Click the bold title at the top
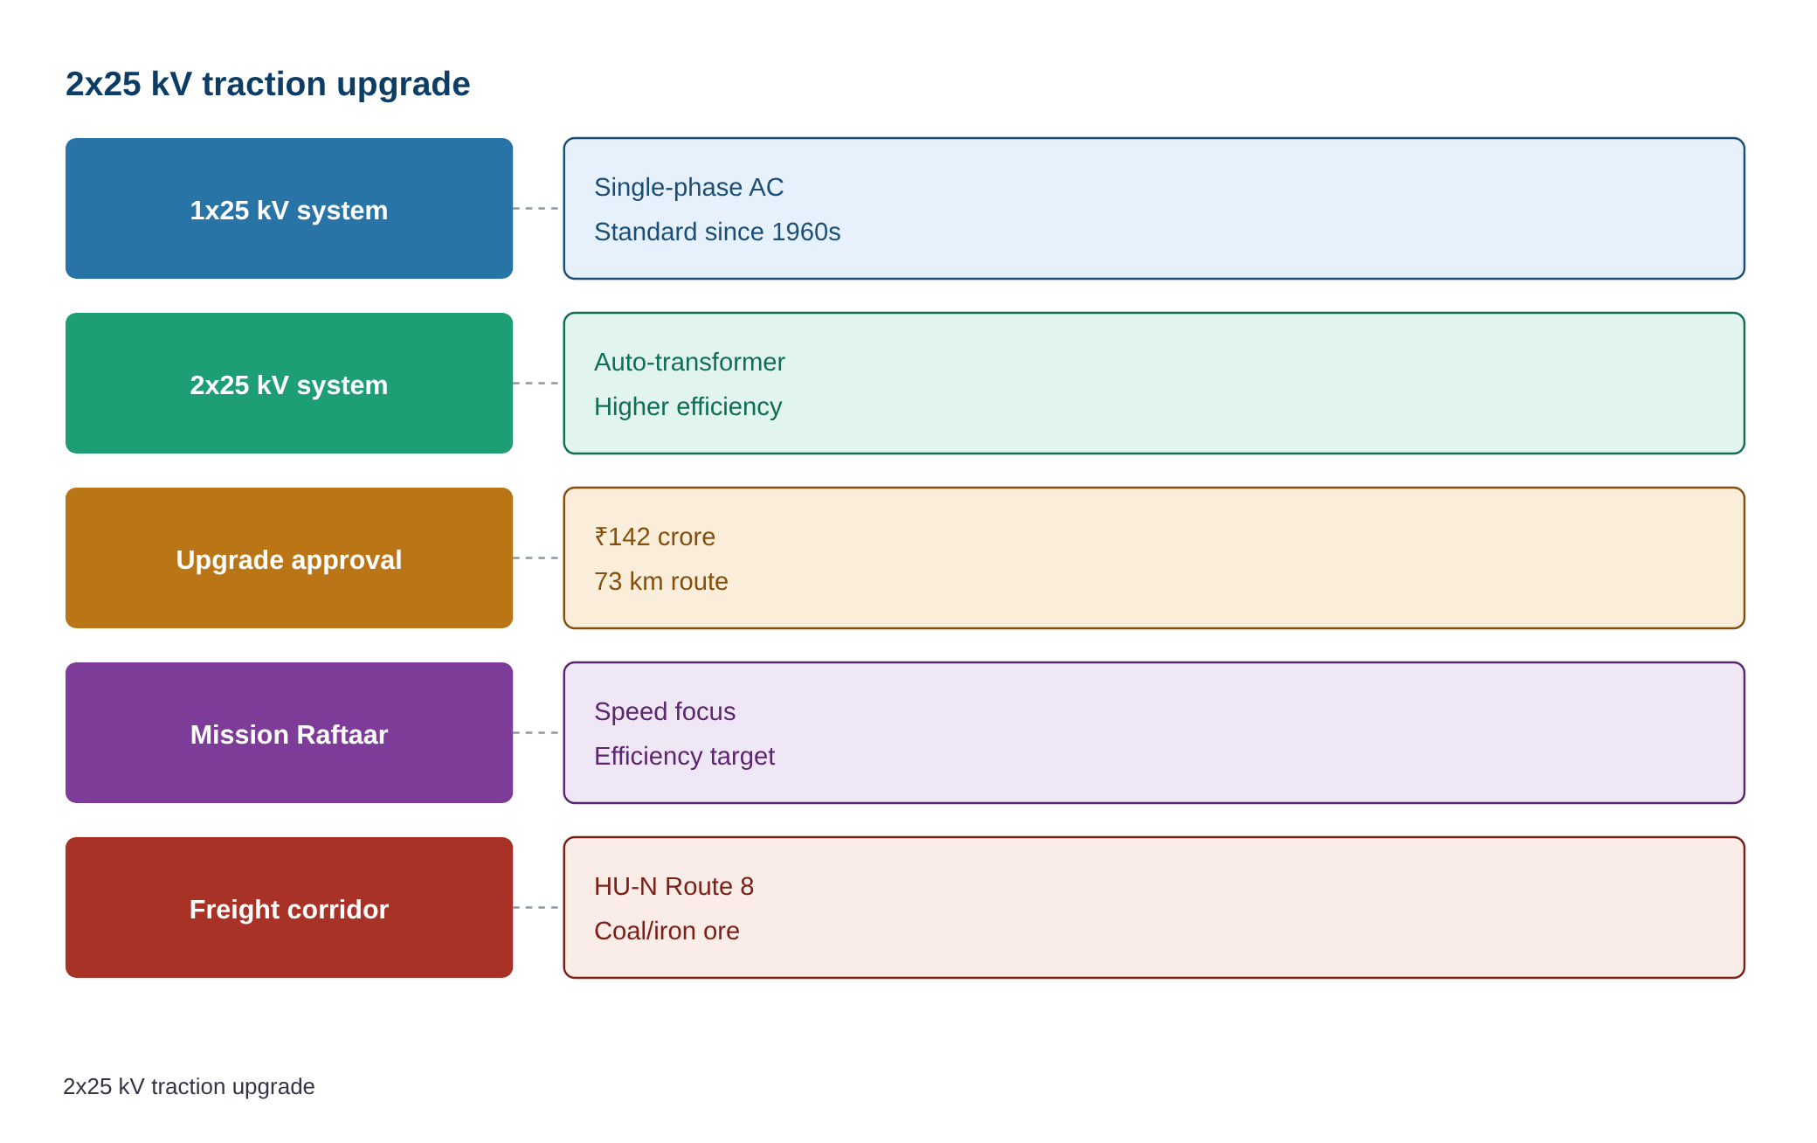267,84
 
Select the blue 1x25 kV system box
289,209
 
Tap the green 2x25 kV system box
289,384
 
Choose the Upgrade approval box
289,558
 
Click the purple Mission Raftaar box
289,733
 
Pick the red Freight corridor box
289,908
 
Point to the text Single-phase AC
688,187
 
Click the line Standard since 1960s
717,232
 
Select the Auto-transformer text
689,362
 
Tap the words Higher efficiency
687,406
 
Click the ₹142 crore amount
654,537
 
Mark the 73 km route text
660,581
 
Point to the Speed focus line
665,711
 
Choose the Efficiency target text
684,756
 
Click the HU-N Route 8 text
674,886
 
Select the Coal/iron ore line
667,931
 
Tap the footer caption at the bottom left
189,1086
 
